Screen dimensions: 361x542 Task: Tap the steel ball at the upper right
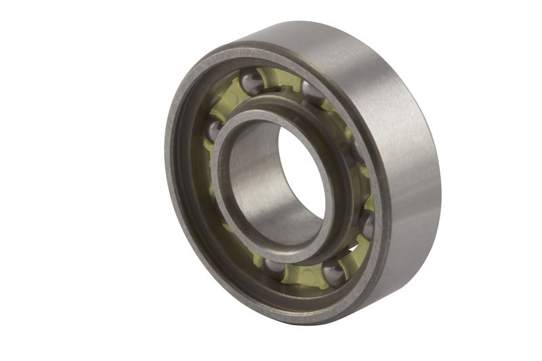click(312, 91)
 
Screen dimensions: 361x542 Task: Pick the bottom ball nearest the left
click(274, 266)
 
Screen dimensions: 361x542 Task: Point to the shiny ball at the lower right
click(333, 273)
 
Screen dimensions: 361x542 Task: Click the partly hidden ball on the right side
click(367, 223)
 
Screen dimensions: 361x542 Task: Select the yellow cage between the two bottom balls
click(303, 274)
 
